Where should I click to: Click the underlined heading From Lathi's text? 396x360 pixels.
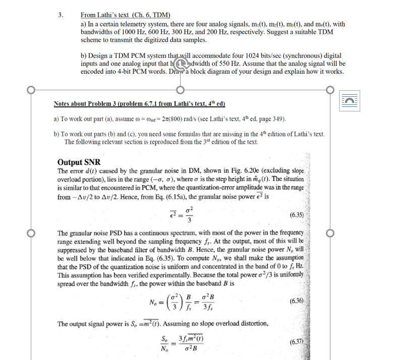pyautogui.click(x=126, y=15)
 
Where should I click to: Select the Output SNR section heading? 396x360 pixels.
pyautogui.click(x=79, y=162)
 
